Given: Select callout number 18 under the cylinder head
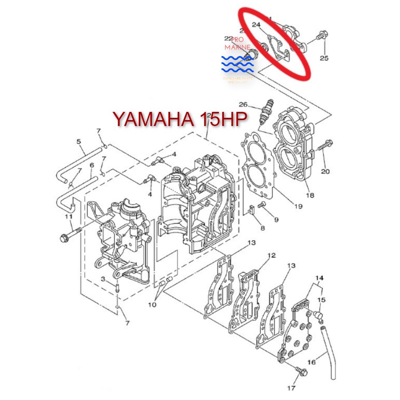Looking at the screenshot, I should click(x=310, y=194).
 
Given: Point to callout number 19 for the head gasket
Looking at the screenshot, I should click(x=298, y=206).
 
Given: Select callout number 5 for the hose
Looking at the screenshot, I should click(x=79, y=141).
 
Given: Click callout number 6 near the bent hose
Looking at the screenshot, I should click(x=92, y=165).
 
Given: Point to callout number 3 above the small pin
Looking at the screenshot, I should click(x=103, y=279).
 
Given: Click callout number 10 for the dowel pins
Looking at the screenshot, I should click(x=153, y=304).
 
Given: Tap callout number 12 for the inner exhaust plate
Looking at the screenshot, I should click(x=271, y=255).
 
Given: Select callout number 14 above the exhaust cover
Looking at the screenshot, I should click(x=319, y=278).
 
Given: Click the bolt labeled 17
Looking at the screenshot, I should click(x=302, y=372).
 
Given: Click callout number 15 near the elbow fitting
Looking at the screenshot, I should click(x=322, y=300).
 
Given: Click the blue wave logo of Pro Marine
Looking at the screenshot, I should click(x=238, y=65).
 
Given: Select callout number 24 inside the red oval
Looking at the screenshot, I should click(x=256, y=25).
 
